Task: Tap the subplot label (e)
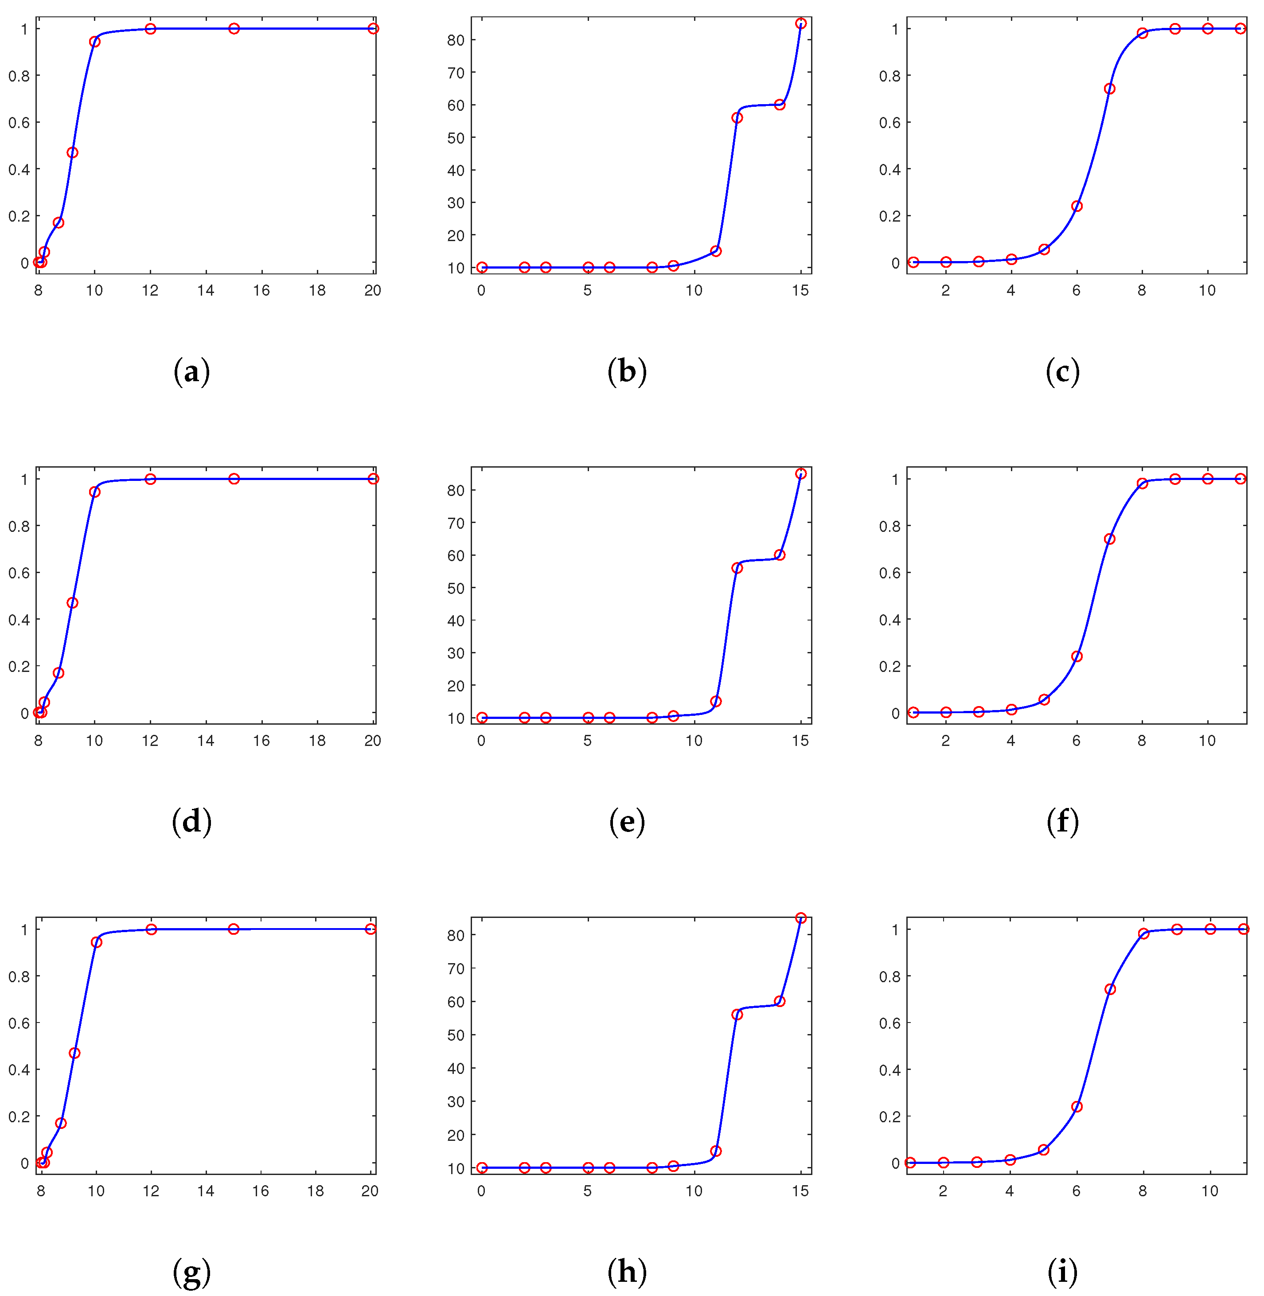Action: coord(627,822)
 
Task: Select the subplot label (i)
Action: coord(1062,1272)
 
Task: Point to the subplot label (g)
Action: coord(191,1272)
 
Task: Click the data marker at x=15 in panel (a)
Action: coord(234,28)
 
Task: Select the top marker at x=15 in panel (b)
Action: coord(800,23)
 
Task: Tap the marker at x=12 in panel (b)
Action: coord(737,117)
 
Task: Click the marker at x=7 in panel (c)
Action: coord(1109,88)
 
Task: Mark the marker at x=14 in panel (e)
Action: coord(780,555)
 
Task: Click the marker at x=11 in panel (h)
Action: coord(716,1151)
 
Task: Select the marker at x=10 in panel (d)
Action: coord(95,491)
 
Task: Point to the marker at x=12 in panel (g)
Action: coord(152,929)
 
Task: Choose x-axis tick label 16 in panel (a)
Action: coord(261,290)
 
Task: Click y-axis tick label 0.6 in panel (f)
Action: coord(889,572)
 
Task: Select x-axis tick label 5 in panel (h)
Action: coord(588,1191)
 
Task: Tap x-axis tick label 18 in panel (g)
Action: coord(316,1191)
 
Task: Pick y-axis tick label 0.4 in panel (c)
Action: coord(889,169)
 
